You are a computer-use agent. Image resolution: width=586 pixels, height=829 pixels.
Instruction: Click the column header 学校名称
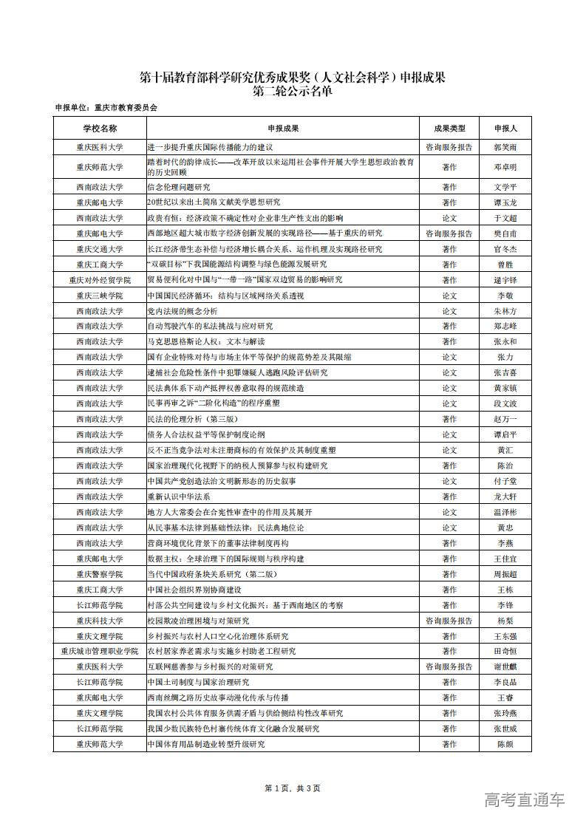coord(99,128)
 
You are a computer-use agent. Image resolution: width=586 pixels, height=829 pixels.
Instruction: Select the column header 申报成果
coord(283,128)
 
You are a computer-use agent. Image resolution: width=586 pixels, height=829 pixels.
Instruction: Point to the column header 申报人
coord(505,128)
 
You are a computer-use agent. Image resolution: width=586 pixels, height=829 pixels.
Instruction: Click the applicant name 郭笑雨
coord(505,148)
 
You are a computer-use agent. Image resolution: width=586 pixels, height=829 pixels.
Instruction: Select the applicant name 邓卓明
coord(505,167)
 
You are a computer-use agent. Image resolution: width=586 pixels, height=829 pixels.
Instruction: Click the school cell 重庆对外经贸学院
coord(99,280)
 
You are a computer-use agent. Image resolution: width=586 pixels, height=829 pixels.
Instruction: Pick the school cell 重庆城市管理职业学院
coord(99,651)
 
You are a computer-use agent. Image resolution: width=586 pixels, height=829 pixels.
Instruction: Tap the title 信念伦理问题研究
coord(179,187)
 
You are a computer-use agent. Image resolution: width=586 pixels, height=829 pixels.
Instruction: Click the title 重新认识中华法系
coord(179,497)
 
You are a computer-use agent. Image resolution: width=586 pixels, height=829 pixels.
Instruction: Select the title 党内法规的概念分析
coord(183,311)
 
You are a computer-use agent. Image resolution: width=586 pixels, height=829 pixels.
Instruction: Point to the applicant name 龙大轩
coord(505,497)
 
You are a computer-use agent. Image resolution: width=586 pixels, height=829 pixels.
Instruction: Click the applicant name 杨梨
coord(505,621)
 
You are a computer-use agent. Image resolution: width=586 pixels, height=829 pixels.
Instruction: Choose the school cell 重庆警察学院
coord(99,574)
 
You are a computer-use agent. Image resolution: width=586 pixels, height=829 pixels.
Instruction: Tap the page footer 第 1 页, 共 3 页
coord(292,788)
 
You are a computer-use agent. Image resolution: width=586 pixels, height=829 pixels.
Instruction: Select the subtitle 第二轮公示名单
coord(293,92)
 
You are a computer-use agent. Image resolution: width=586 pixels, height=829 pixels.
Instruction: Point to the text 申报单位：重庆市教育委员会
coord(106,108)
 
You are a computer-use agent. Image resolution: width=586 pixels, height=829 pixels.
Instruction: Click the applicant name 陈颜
coord(505,744)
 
